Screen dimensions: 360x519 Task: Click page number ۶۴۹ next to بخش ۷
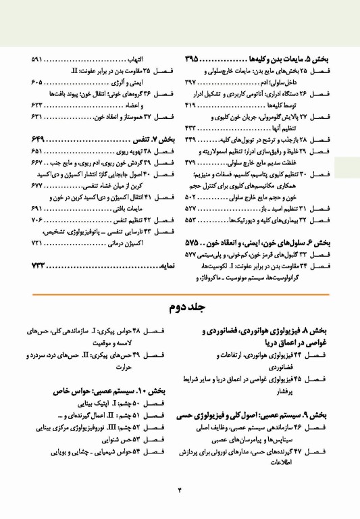pyautogui.click(x=43, y=139)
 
